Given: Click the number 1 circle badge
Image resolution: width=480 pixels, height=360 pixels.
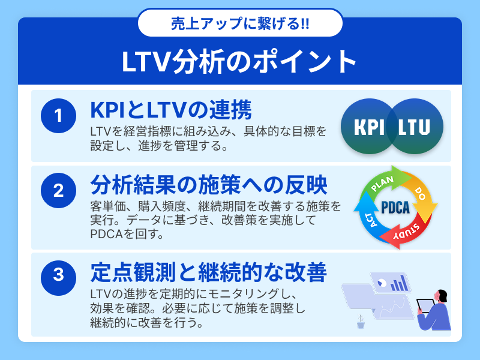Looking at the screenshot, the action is [58, 116].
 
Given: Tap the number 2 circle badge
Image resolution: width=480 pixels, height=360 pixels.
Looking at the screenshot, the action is [58, 190].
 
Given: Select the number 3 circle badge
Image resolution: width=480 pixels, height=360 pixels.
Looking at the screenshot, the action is [58, 278].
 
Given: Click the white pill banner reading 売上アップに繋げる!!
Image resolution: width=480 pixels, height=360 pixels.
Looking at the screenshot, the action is [241, 23].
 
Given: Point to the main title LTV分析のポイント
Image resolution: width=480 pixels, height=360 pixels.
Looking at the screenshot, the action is [239, 62].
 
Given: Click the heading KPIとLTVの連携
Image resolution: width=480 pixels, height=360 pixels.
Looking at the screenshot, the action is [171, 110].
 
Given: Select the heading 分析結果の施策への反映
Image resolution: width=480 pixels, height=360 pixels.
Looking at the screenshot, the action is [209, 185].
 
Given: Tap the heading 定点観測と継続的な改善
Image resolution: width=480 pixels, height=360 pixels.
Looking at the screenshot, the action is [209, 272].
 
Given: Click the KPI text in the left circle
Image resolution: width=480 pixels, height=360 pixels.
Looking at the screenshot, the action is [369, 127].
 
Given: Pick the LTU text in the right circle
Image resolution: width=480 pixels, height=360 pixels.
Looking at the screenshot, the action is [414, 127].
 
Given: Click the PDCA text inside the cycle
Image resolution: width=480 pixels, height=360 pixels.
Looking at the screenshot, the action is [395, 208].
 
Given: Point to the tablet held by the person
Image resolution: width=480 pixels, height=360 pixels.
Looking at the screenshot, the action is [426, 305].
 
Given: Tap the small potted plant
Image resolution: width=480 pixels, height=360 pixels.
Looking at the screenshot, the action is [361, 322].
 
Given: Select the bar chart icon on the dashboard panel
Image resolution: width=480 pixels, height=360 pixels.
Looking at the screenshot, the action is [399, 283].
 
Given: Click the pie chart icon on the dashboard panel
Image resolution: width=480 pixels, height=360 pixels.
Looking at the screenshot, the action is [381, 282].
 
